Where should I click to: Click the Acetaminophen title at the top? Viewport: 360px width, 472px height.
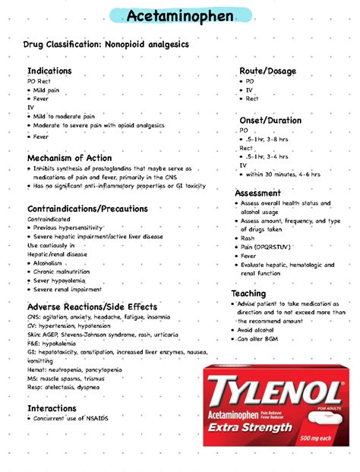tap(179, 15)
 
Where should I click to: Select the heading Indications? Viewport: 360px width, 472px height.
tap(49, 71)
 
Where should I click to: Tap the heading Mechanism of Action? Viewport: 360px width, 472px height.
tap(69, 158)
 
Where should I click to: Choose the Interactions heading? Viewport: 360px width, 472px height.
tap(52, 408)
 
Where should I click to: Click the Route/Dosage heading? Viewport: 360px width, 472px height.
tap(267, 71)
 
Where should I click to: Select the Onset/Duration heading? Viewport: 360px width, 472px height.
tap(270, 120)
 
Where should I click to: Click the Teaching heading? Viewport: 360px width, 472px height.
tap(248, 293)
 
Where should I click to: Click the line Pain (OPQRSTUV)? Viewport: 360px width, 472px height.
tap(267, 247)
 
